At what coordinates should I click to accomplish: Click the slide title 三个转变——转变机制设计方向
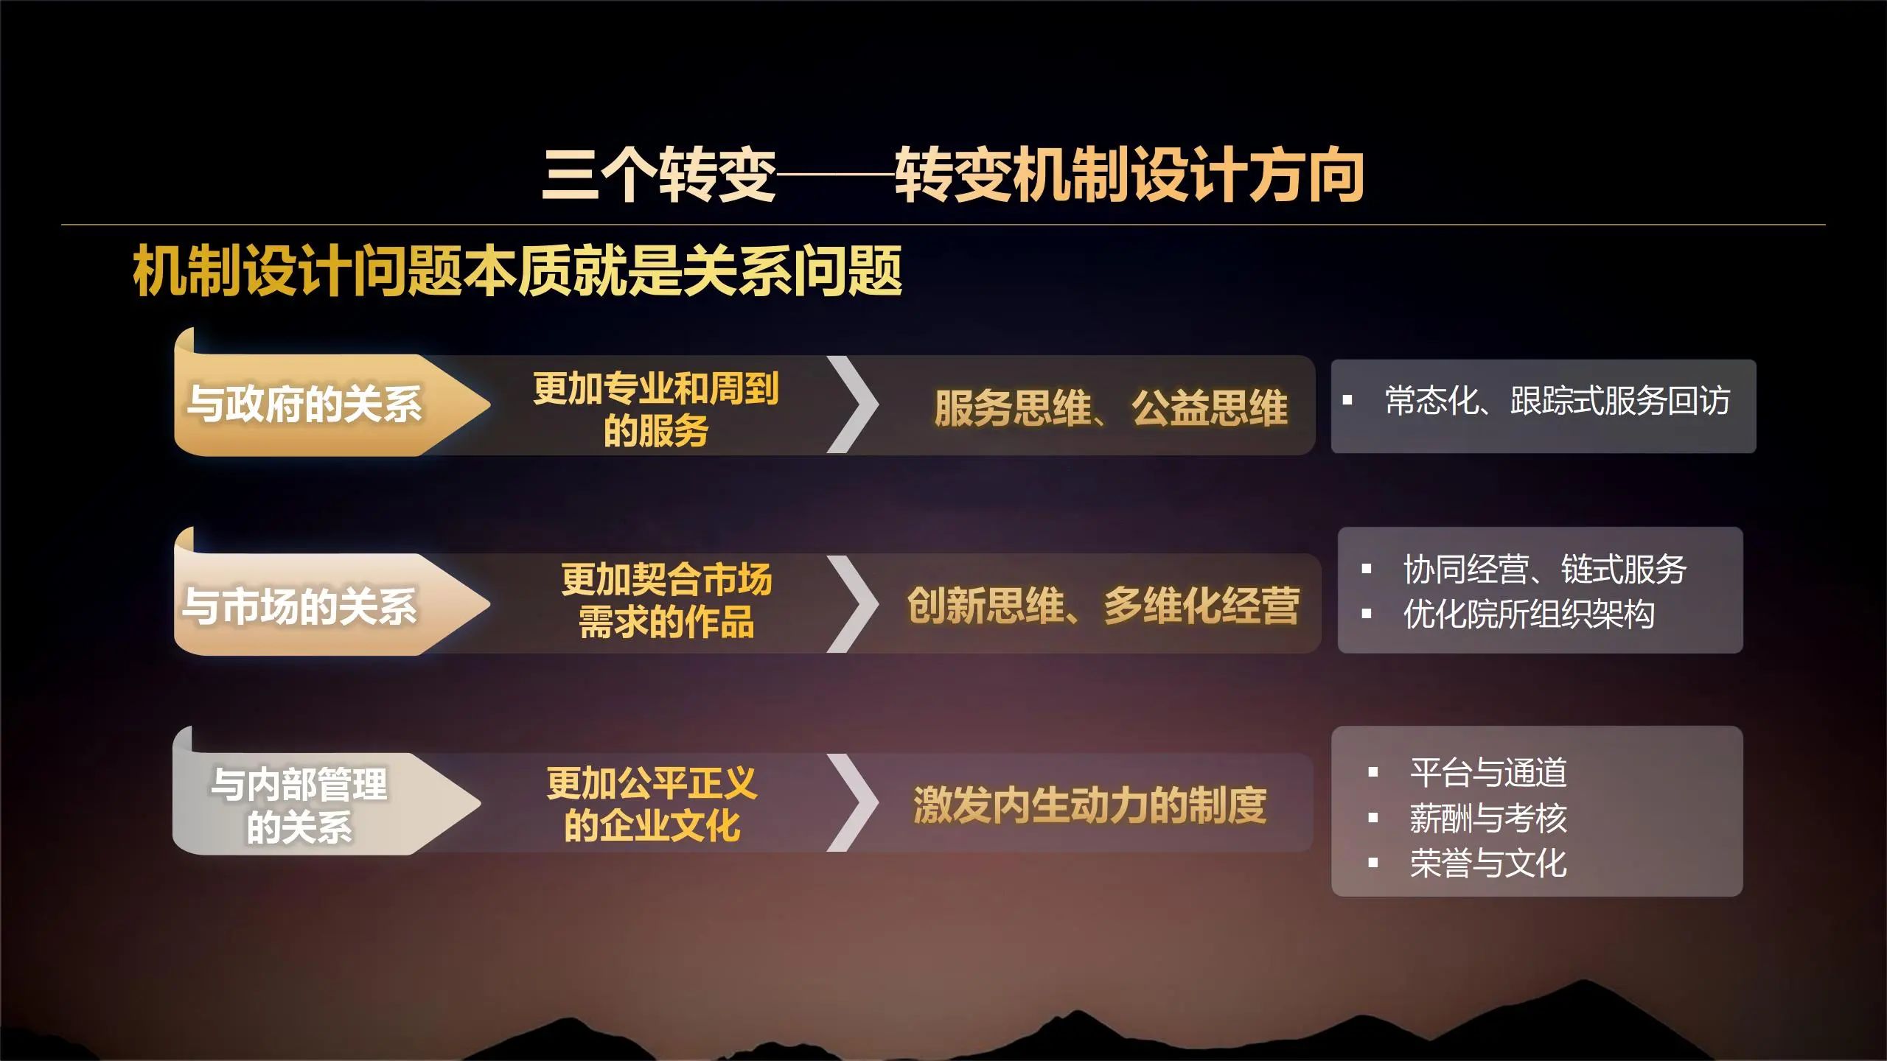coord(953,175)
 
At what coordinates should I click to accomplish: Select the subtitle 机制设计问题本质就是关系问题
coord(517,271)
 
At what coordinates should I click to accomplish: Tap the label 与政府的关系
coord(304,404)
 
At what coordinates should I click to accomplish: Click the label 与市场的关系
coord(299,606)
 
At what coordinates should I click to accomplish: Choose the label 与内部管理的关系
coord(299,805)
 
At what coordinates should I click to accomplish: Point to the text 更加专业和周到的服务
coord(656,409)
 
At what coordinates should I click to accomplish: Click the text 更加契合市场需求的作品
coord(666,600)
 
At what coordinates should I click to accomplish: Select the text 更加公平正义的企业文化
coord(652,804)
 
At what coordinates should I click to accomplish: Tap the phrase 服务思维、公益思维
coord(1111,407)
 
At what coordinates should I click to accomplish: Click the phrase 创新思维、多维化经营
coord(1103,606)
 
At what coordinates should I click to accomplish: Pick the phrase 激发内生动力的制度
coord(1089,805)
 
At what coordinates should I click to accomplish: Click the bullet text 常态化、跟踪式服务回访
coord(1558,401)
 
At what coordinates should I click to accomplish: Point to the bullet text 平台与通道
coord(1488,772)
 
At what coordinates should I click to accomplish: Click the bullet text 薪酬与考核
coord(1488,818)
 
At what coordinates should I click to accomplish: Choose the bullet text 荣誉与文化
coord(1488,864)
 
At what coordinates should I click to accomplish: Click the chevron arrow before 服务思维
coord(853,405)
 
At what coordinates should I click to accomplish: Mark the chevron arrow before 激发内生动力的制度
coord(853,802)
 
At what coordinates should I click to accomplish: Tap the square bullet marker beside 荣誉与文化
coord(1373,863)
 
